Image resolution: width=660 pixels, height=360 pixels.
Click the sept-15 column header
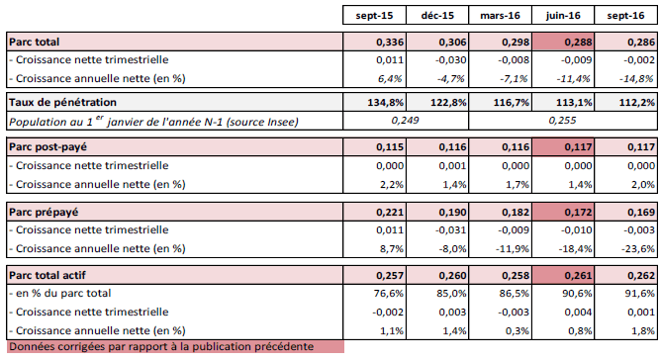click(x=374, y=16)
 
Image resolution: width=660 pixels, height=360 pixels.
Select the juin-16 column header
click(x=563, y=16)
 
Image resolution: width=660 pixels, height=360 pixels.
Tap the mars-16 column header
click(x=500, y=16)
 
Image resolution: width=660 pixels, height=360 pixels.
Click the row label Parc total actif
click(x=47, y=276)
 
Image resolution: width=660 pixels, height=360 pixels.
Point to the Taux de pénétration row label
click(x=62, y=102)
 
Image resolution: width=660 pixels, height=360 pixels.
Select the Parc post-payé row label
click(x=47, y=147)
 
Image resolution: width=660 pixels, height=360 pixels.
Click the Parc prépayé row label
click(x=44, y=212)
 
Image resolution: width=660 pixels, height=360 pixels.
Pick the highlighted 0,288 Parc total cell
click(x=563, y=43)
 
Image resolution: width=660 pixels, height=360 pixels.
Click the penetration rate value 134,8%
click(x=386, y=102)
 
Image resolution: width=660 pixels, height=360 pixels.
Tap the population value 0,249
click(x=405, y=121)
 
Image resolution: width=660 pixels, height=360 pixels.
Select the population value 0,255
click(x=562, y=121)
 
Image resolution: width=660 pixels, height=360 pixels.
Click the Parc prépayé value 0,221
click(x=390, y=212)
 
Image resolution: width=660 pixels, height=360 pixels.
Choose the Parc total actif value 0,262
click(x=641, y=276)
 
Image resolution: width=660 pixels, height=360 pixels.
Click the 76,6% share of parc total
click(x=388, y=293)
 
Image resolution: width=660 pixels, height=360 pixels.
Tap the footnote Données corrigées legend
click(x=161, y=346)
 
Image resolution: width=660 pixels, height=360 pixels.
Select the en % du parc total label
click(x=60, y=293)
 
